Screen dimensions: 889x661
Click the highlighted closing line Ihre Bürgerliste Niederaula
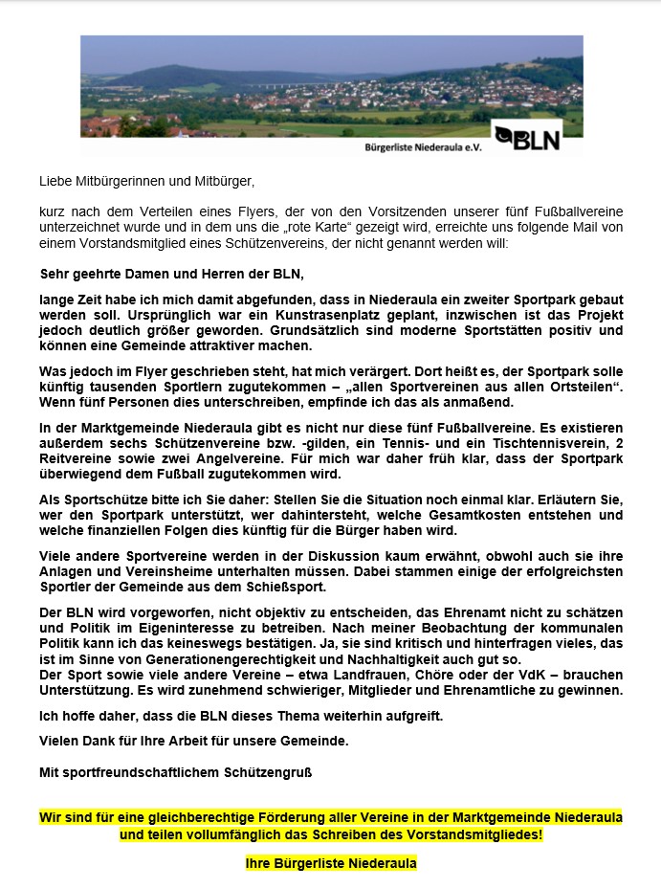click(331, 863)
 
